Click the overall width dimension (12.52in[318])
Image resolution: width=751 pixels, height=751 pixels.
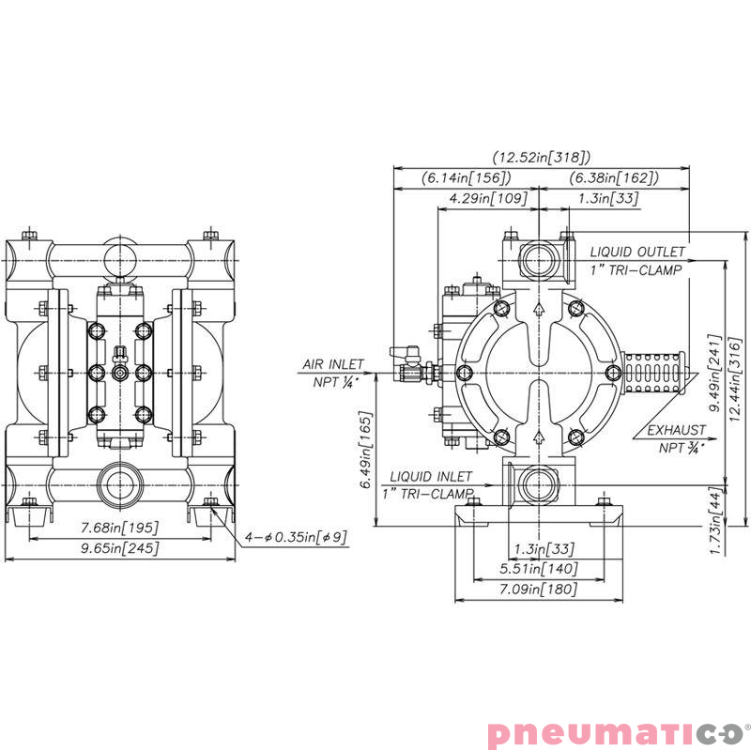pyautogui.click(x=542, y=158)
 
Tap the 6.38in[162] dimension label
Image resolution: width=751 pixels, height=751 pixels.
pyautogui.click(x=613, y=177)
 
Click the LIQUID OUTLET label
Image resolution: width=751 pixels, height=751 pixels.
pyautogui.click(x=637, y=253)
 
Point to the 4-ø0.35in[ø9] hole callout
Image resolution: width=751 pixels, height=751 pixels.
pyautogui.click(x=284, y=537)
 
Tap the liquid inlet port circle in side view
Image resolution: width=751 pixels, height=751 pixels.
pyautogui.click(x=537, y=484)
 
